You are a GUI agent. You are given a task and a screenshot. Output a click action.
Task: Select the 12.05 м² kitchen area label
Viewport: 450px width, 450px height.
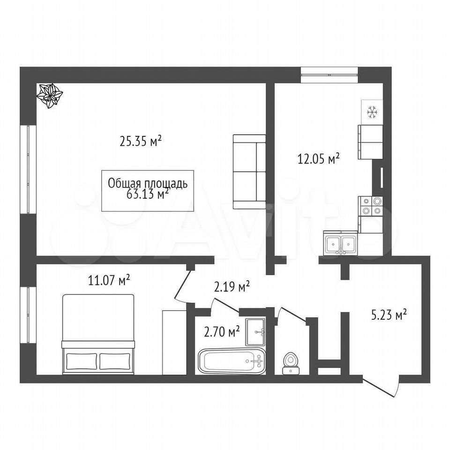319,158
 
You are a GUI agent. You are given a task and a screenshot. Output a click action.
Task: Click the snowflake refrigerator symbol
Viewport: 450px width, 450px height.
372,112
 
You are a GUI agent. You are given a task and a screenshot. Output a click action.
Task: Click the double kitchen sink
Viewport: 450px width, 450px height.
340,243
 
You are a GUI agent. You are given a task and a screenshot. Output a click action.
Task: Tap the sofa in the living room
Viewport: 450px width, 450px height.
249,172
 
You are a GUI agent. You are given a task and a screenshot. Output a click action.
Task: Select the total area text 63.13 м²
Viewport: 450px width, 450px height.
147,195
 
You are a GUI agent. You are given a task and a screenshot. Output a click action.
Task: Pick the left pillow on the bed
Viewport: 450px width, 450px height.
82,361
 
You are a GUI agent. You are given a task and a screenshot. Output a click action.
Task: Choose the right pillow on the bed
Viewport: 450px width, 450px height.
114,361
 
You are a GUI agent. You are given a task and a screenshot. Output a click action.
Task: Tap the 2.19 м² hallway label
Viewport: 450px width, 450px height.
232,286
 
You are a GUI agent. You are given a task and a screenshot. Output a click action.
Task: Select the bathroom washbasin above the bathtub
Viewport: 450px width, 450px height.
255,332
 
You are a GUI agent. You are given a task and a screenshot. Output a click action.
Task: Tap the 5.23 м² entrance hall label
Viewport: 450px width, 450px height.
389,315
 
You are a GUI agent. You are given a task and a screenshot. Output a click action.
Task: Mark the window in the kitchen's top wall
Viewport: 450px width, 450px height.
330,75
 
